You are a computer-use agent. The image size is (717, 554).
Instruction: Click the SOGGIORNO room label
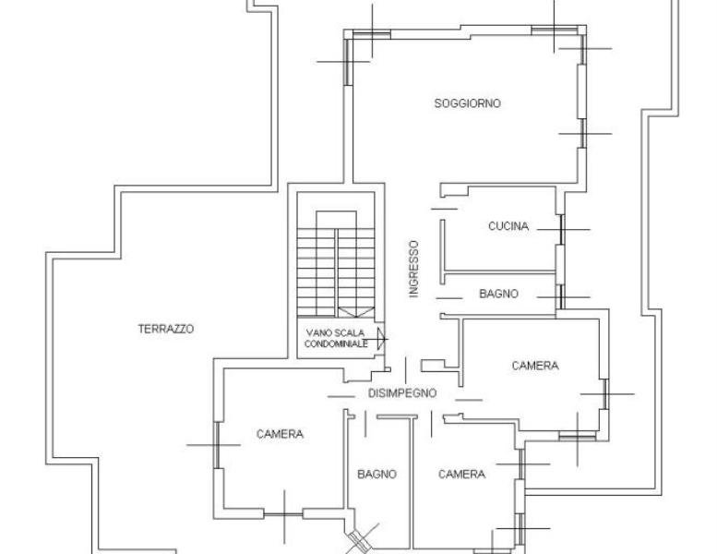467,103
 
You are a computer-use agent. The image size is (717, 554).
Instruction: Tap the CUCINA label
508,226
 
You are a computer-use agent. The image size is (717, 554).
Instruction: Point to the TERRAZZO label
166,329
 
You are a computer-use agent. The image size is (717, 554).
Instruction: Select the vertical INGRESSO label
413,269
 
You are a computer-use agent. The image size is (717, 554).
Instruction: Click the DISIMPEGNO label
402,393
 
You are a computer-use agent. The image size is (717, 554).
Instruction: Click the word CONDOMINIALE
336,344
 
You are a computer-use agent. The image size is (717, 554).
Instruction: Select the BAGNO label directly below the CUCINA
498,294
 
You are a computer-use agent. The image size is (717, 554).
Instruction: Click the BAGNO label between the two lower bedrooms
376,475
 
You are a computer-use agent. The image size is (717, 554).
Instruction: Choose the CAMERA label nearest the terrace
280,434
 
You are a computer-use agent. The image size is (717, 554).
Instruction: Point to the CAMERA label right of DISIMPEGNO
535,366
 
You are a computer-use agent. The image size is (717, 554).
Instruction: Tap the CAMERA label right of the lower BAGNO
461,475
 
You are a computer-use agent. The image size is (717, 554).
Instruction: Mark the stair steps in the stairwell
336,272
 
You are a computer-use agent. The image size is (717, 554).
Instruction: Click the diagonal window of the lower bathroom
359,541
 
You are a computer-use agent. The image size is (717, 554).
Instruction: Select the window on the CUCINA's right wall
562,230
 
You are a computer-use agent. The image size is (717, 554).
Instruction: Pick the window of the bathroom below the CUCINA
561,297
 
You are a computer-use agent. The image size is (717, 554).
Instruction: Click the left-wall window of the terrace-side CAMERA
217,445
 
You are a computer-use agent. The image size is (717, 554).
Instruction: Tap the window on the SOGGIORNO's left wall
348,62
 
